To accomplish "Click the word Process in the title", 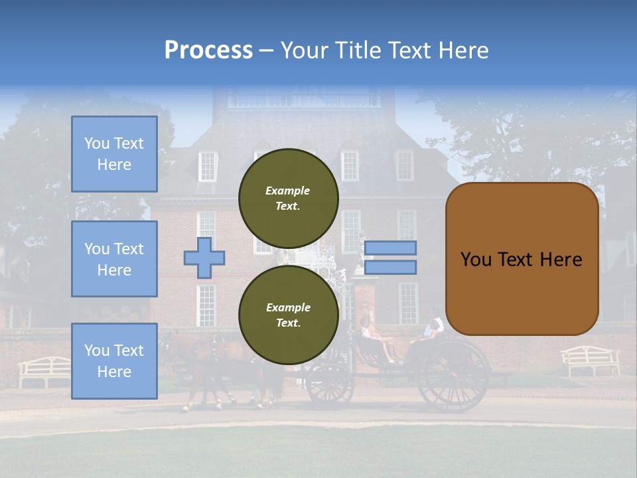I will coord(208,50).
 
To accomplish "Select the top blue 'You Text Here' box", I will coord(114,154).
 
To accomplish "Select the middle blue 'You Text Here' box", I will coord(114,259).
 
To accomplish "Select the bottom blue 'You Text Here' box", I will coord(114,360).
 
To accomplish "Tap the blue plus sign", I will coord(204,258).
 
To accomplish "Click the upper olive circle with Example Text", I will coord(288,198).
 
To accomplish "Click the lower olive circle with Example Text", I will coord(288,315).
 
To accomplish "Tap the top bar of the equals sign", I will coord(390,248).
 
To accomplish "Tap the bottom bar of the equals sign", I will coord(390,267).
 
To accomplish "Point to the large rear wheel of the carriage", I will coord(453,376).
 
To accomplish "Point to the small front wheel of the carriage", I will coord(329,384).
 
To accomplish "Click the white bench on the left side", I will coord(44,370).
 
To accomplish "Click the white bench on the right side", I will coord(590,360).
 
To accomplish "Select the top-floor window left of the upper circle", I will coord(208,166).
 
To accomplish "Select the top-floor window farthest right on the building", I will coord(404,165).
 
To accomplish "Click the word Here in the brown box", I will coord(561,260).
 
